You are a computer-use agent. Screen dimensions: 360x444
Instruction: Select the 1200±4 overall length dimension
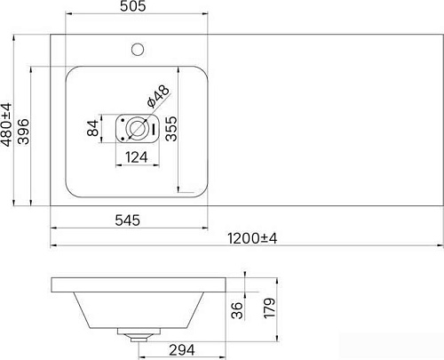pos(253,238)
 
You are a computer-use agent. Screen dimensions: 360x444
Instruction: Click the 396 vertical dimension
pos(25,131)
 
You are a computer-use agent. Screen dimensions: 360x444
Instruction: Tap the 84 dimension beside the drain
pos(91,129)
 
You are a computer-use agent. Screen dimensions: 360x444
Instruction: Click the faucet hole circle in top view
pos(139,45)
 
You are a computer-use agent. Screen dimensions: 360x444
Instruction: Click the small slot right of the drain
pos(157,129)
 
